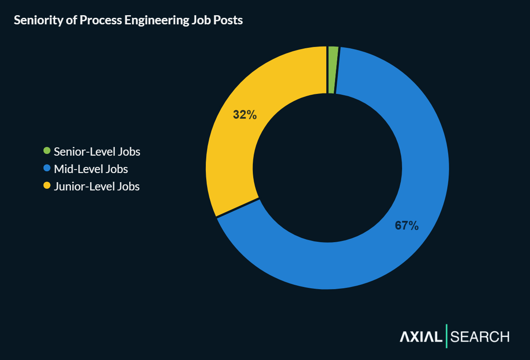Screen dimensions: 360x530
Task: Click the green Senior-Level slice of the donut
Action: (332, 70)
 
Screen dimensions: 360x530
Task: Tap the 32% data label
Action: (245, 115)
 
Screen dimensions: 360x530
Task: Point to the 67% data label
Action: (406, 225)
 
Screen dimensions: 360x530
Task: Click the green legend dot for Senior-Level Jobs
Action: (47, 151)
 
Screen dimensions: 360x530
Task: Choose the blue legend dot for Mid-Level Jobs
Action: (47, 168)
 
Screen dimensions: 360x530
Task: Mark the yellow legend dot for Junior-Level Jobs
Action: (47, 186)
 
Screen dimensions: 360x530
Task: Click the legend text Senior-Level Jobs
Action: (97, 152)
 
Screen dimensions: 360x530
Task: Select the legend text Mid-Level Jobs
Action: (91, 169)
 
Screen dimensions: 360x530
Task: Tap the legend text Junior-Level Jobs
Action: (97, 187)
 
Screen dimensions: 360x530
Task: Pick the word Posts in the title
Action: (228, 20)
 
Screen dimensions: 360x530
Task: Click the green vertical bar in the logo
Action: (446, 336)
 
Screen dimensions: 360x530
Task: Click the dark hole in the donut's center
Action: (327, 168)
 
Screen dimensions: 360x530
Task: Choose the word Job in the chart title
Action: (201, 20)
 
